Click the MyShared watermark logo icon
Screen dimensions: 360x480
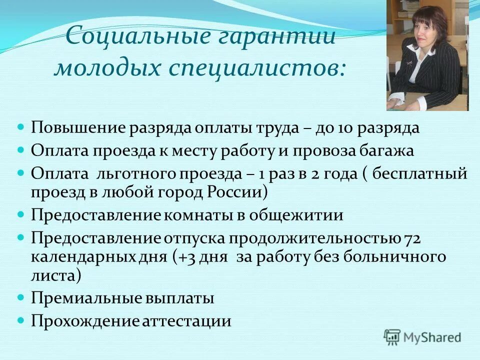pyautogui.click(x=392, y=336)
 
